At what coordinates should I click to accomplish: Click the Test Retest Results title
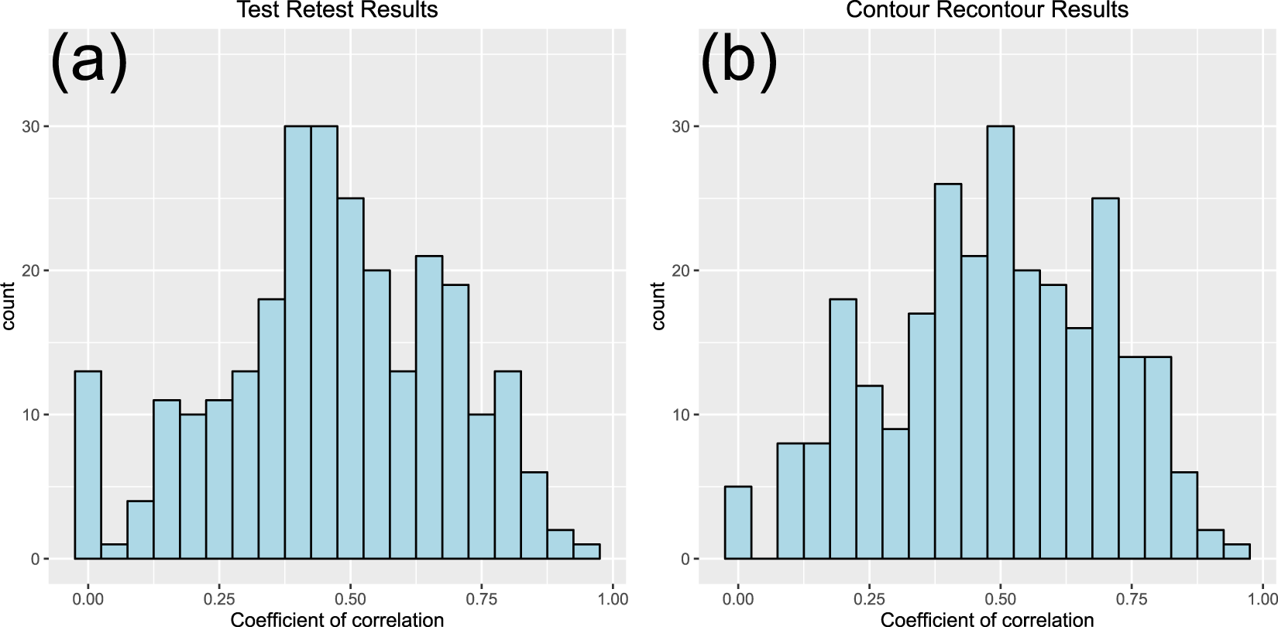click(x=337, y=10)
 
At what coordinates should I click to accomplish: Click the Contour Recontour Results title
click(x=987, y=10)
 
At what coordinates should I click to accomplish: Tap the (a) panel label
click(x=88, y=60)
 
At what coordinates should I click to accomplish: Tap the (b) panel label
click(x=738, y=60)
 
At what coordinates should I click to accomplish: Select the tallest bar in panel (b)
click(x=1001, y=341)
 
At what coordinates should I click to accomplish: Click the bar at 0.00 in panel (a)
click(x=88, y=465)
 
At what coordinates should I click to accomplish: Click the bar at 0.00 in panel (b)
click(x=738, y=523)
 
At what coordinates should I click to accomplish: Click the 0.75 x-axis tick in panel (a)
click(x=482, y=599)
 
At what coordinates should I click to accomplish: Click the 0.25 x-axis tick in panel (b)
click(x=869, y=599)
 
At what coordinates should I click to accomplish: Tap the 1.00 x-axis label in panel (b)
click(x=1263, y=599)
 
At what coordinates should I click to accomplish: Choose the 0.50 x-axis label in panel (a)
click(x=350, y=599)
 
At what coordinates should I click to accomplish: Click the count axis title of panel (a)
click(x=9, y=306)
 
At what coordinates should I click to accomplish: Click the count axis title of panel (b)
click(x=658, y=306)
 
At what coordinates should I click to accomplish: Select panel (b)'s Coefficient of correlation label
click(x=987, y=618)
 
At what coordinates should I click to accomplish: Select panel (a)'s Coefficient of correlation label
click(x=337, y=618)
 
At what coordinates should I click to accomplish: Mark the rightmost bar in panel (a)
click(x=586, y=552)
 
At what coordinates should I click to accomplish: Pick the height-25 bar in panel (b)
click(x=1105, y=380)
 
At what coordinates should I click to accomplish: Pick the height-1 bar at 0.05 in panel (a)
click(x=115, y=552)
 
